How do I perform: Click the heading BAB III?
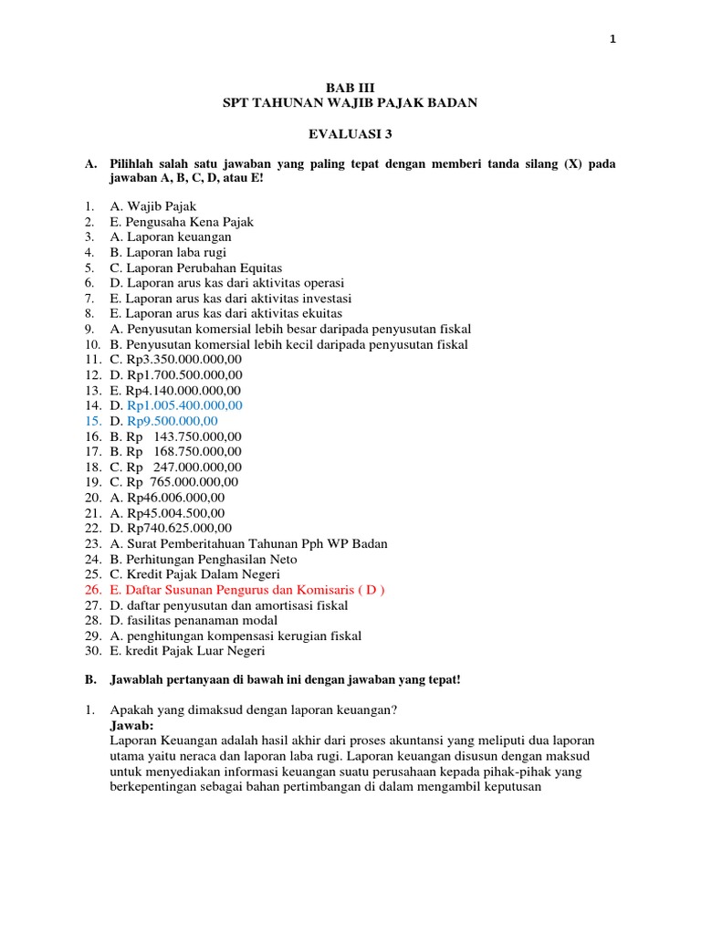[350, 88]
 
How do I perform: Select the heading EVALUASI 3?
[350, 133]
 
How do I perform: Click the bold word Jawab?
[132, 725]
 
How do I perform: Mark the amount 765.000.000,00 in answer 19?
[195, 482]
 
